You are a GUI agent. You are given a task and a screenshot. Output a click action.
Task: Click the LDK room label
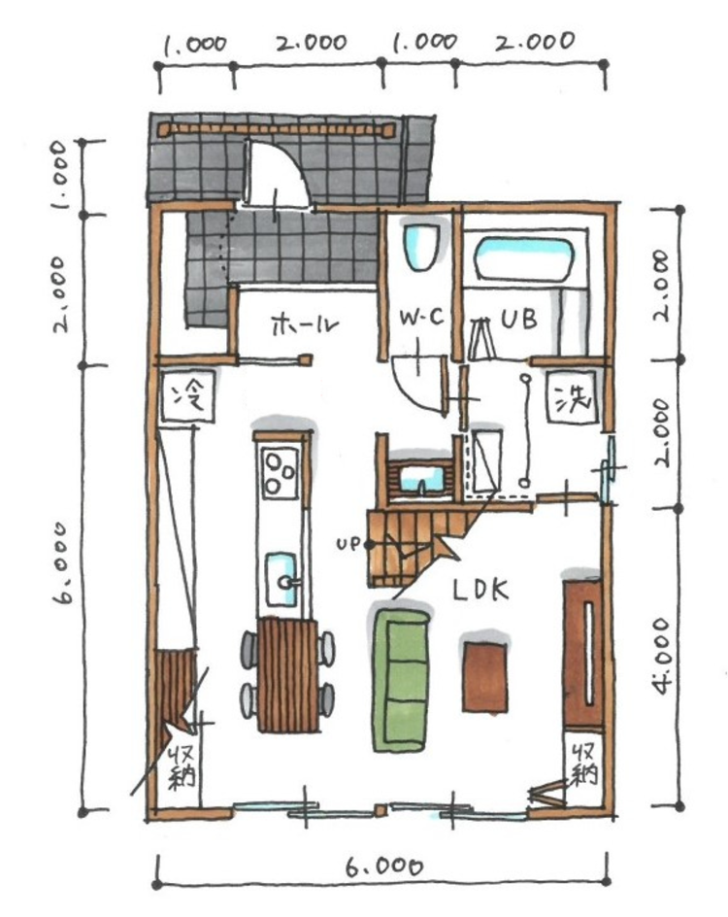click(x=480, y=590)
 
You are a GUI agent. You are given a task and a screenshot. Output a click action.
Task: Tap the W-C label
click(x=421, y=318)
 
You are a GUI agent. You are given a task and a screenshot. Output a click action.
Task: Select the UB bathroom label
click(x=519, y=319)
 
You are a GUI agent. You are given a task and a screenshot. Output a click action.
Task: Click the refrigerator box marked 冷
click(x=188, y=396)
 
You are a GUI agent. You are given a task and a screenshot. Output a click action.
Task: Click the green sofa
click(x=400, y=680)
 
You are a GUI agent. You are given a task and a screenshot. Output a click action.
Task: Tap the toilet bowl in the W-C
click(x=420, y=246)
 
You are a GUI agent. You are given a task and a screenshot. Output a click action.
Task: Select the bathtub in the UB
click(x=525, y=258)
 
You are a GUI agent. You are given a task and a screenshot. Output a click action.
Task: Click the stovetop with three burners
click(x=280, y=471)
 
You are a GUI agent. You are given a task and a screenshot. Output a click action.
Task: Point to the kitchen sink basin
click(x=281, y=578)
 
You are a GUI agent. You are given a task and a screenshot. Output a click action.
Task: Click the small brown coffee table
click(x=484, y=677)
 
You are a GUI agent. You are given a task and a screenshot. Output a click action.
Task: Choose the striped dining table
click(x=288, y=675)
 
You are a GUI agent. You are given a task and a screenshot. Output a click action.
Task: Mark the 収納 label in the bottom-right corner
click(x=584, y=765)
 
